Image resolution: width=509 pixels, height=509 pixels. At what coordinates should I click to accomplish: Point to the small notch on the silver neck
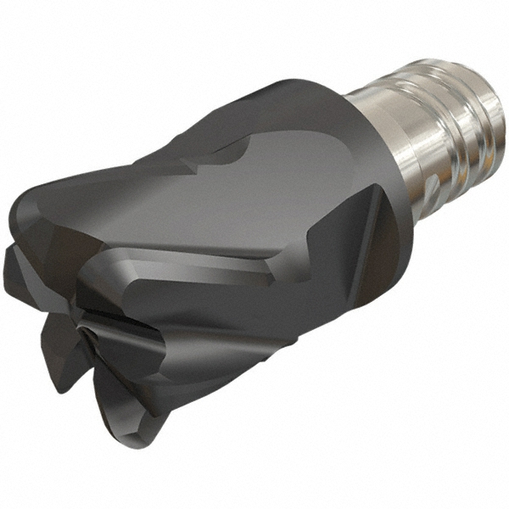429,183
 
